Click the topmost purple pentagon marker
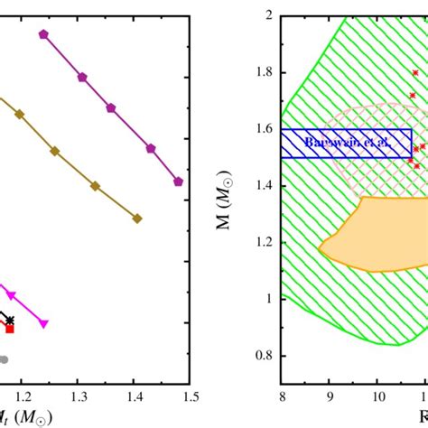click(x=43, y=33)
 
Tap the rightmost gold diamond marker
click(x=137, y=218)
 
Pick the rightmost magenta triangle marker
click(x=43, y=323)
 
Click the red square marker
click(x=10, y=329)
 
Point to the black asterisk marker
click(x=10, y=320)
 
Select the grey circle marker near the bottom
click(x=4, y=359)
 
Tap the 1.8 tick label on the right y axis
click(x=265, y=72)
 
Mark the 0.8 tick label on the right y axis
click(x=265, y=356)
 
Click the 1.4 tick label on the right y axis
click(x=265, y=186)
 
